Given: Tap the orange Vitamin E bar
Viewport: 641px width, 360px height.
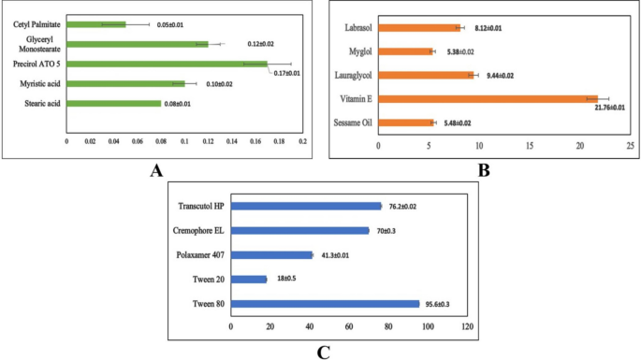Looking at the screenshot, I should point(488,98).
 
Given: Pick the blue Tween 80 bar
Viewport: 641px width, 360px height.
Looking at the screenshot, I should point(324,303).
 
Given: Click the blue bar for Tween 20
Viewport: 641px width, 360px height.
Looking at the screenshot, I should point(248,279).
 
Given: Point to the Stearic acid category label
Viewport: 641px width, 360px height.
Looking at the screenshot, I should point(38,103).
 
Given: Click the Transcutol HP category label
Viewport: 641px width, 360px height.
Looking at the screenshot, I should point(199,206).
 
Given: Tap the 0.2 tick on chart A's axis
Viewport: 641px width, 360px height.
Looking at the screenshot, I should point(300,142).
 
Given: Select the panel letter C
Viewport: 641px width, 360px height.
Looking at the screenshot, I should point(322,351).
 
